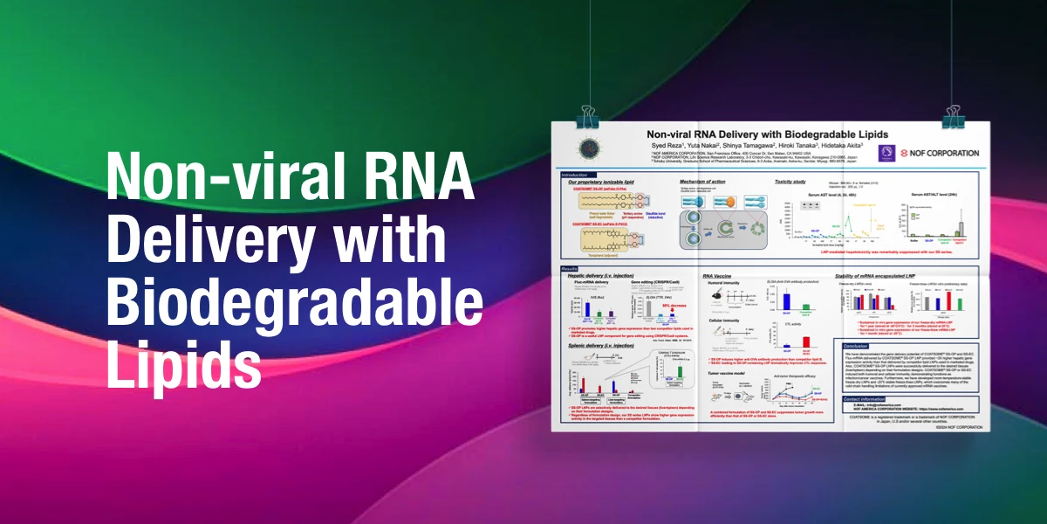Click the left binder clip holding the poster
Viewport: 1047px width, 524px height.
click(x=585, y=117)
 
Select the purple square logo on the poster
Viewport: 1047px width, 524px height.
click(x=886, y=151)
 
